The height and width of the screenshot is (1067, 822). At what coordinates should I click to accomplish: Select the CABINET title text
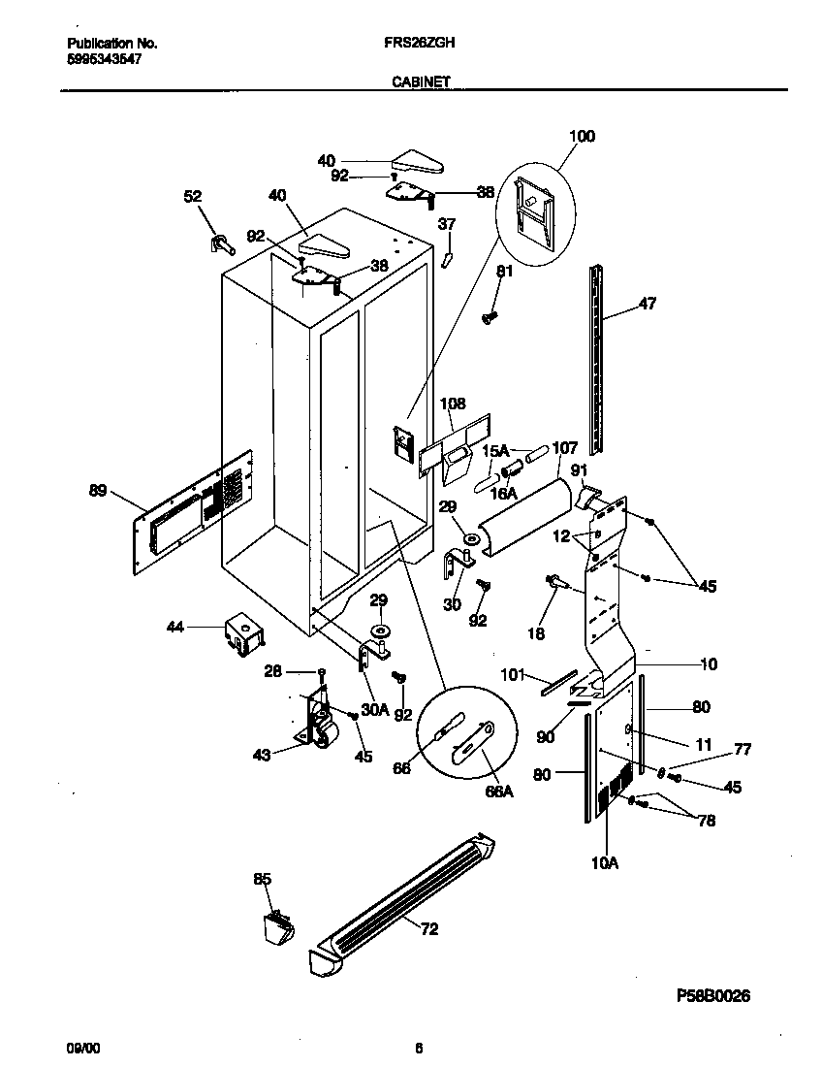tap(420, 83)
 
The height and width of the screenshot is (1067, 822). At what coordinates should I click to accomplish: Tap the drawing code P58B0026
tap(710, 996)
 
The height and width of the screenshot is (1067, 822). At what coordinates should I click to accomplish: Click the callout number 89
tap(98, 491)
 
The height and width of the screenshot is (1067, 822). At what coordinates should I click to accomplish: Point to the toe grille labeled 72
tap(407, 897)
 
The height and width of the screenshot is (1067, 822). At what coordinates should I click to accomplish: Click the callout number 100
tap(581, 137)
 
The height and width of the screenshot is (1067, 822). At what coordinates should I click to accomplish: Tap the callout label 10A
tap(603, 860)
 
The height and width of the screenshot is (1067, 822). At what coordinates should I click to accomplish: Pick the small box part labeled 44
tap(240, 631)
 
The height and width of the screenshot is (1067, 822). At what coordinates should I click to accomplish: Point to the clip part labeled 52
tap(219, 242)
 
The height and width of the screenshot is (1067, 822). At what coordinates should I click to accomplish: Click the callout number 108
tap(453, 404)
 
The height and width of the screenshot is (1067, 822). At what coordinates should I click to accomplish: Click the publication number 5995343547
tap(106, 59)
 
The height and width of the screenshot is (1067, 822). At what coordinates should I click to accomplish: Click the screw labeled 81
tap(490, 315)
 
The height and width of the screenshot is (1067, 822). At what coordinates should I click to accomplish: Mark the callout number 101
tap(511, 673)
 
